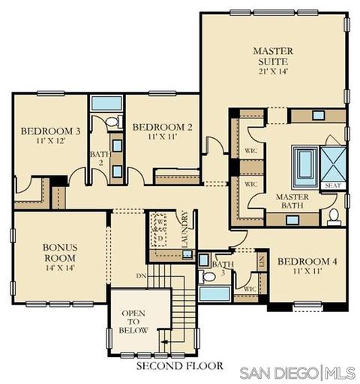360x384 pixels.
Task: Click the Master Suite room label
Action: [273, 56]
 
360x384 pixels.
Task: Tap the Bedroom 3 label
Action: [51, 131]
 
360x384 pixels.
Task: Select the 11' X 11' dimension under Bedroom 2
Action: [163, 136]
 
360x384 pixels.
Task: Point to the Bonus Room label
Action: [60, 253]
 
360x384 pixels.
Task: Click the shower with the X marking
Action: [333, 164]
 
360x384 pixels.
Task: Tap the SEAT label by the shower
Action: [333, 185]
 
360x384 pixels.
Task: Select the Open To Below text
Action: [133, 322]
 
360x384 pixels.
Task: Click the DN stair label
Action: [141, 276]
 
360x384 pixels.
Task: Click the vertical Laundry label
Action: [185, 229]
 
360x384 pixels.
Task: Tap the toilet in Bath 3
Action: [207, 277]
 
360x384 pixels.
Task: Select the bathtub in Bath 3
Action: [214, 294]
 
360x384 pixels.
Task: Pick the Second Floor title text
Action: [179, 366]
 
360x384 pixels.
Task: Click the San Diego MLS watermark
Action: [297, 373]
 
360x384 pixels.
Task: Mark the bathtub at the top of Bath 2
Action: [106, 103]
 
